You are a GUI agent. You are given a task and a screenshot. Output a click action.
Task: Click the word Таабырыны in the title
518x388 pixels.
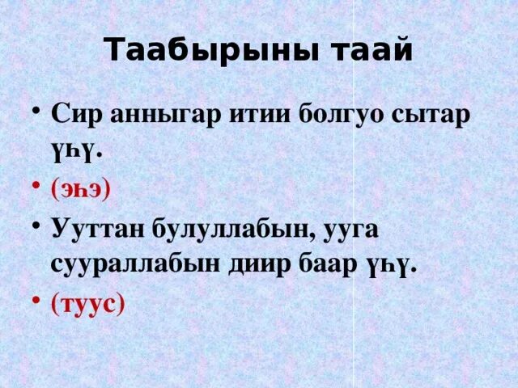coord(212,51)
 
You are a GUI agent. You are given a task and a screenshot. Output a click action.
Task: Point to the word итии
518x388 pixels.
coord(260,115)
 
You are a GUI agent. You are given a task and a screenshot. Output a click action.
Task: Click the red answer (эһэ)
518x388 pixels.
coord(80,192)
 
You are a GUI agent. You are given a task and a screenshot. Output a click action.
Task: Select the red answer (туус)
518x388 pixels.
coord(88,304)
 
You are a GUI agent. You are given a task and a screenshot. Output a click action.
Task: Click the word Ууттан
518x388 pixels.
coord(98,230)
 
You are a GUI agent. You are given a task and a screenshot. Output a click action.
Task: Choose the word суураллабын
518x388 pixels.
coord(135,266)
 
